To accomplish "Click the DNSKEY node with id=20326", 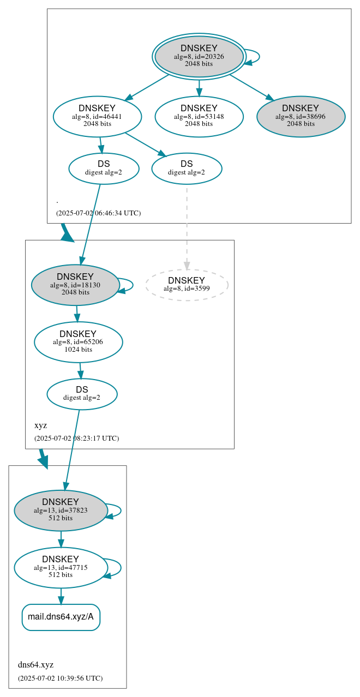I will pyautogui.click(x=199, y=56).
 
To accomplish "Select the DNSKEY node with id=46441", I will pyautogui.click(x=97, y=116).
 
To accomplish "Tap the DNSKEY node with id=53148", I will pyautogui.click(x=199, y=116).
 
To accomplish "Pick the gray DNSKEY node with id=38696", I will pyautogui.click(x=301, y=116).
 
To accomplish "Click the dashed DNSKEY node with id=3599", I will pyautogui.click(x=187, y=285).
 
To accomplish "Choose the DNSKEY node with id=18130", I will pyautogui.click(x=75, y=285).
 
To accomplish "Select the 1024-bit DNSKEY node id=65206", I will pyautogui.click(x=78, y=342).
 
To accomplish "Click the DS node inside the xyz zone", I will pyautogui.click(x=82, y=394).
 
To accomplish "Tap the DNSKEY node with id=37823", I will pyautogui.click(x=61, y=510).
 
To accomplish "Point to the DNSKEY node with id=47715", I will pyautogui.click(x=61, y=568).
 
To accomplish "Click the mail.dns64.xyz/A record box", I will pyautogui.click(x=61, y=617).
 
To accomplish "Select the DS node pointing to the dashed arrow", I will pyautogui.click(x=187, y=168).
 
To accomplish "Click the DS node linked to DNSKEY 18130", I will pyautogui.click(x=104, y=168).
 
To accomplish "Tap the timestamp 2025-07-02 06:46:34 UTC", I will pyautogui.click(x=98, y=213).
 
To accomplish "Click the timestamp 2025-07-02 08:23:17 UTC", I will pyautogui.click(x=76, y=438).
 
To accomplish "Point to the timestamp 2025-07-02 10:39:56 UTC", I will pyautogui.click(x=60, y=678).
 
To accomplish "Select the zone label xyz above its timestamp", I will pyautogui.click(x=40, y=425).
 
